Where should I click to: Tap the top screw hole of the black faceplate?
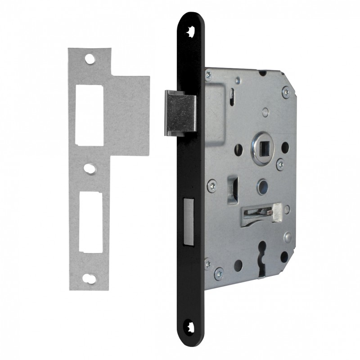(190, 30)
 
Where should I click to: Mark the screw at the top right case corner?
(287, 93)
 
